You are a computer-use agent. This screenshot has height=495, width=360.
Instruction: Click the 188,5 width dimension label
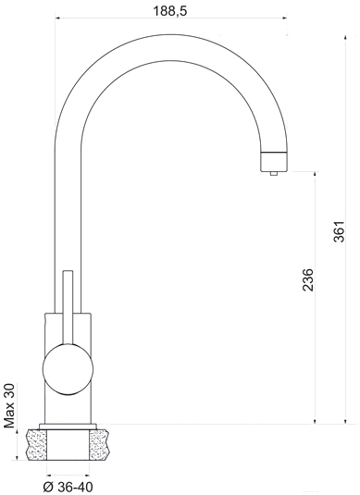(x=170, y=11)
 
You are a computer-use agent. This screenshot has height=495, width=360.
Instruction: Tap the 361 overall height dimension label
(x=340, y=231)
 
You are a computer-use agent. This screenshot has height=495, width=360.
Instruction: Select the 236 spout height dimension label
(x=308, y=279)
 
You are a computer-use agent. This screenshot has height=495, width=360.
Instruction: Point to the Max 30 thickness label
(x=9, y=405)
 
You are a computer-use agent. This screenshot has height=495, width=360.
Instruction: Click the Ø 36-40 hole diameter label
(x=68, y=487)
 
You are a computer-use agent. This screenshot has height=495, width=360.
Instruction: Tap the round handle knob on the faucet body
(x=68, y=369)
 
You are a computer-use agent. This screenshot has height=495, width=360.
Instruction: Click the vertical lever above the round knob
(x=68, y=307)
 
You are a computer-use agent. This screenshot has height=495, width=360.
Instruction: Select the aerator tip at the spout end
(x=274, y=162)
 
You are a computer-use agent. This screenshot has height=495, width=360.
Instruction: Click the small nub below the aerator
(x=274, y=173)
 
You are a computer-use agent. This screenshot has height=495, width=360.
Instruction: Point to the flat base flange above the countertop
(x=68, y=427)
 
